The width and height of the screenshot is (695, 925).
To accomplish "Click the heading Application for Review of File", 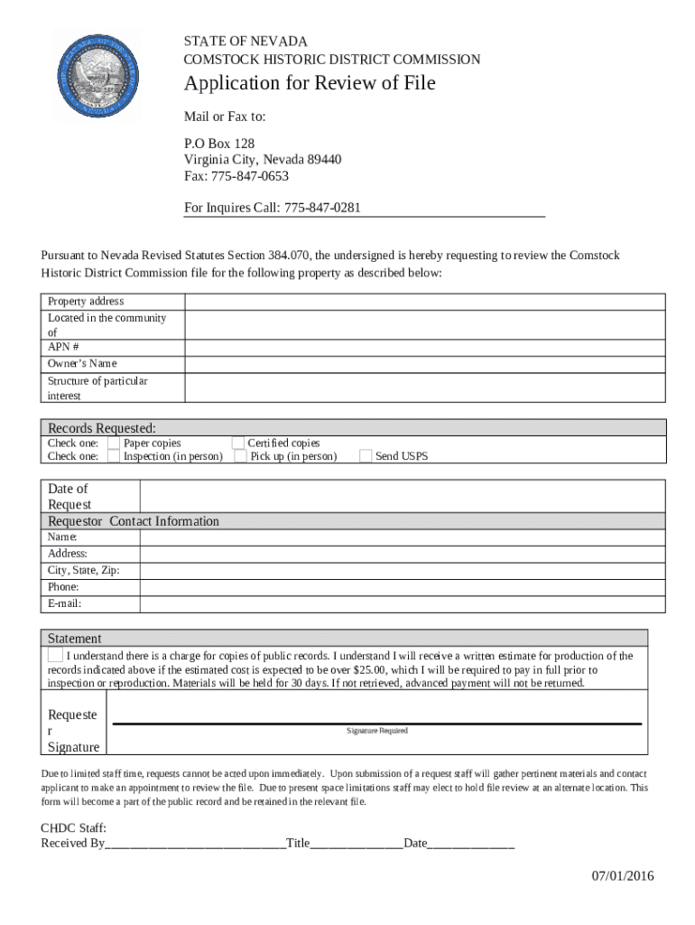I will coord(310,83).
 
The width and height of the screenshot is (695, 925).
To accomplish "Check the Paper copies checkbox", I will coord(113,443).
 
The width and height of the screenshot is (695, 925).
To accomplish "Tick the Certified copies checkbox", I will coord(237,443).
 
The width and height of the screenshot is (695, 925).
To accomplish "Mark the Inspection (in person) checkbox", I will coord(113,456).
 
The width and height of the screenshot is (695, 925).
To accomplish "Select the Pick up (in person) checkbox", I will coord(240,456).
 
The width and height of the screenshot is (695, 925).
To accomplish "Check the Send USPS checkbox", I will coord(365,456).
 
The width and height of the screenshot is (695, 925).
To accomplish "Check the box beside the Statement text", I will coord(56,654).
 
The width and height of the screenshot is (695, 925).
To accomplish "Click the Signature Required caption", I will coord(377,731).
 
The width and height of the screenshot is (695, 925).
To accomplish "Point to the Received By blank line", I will coord(195,844).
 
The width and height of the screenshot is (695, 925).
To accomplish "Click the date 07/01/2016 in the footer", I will coord(623,876).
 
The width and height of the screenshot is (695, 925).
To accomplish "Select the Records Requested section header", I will coord(102,427).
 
